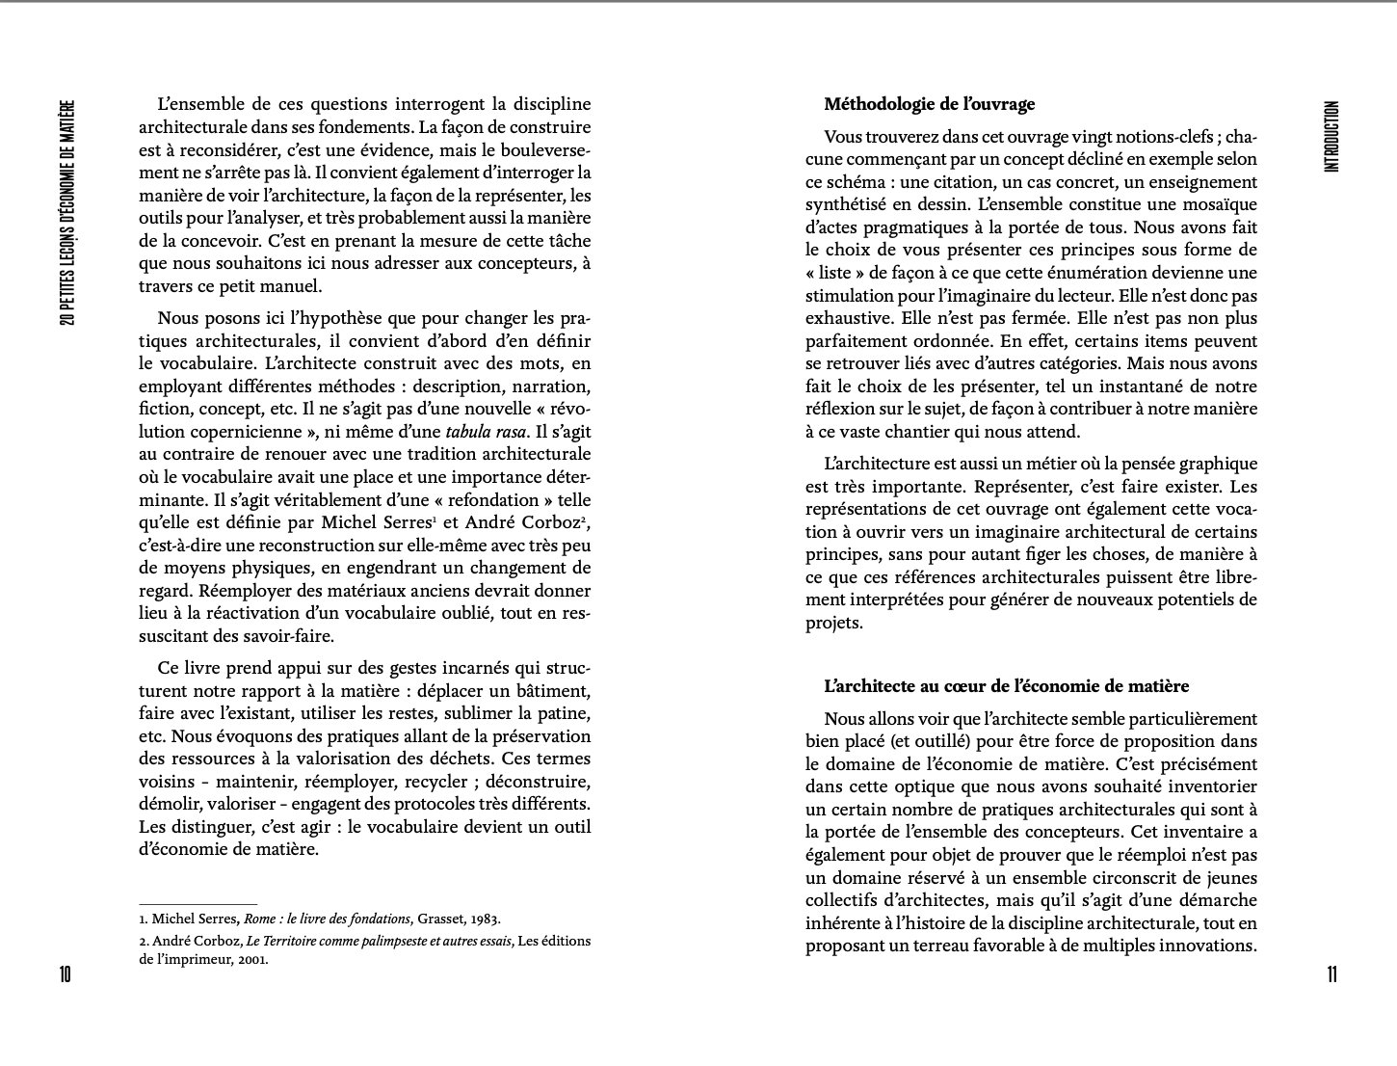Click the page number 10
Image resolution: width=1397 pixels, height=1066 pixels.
coord(65,974)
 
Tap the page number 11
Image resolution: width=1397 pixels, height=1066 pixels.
coord(1331,974)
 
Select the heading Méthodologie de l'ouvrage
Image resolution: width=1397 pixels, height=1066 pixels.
coord(929,104)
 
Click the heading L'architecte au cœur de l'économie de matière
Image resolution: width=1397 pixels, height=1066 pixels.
coord(1006,686)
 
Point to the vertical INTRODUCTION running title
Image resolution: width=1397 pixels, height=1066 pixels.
coord(1331,136)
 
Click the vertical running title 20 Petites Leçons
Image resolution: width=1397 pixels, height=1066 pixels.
coord(66,211)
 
